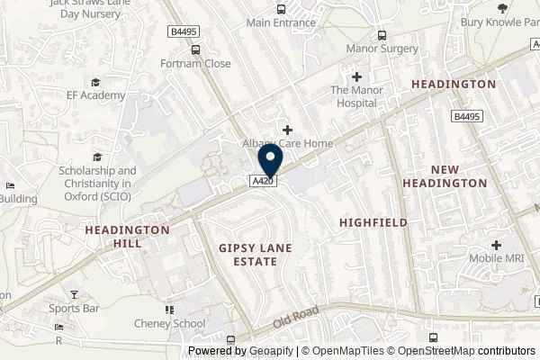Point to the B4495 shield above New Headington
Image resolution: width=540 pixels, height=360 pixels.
pyautogui.click(x=466, y=116)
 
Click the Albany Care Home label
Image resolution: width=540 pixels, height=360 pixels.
pyautogui.click(x=287, y=144)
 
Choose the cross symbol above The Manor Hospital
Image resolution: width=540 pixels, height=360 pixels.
pyautogui.click(x=357, y=76)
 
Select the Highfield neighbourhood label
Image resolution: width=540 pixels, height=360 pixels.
pyautogui.click(x=373, y=222)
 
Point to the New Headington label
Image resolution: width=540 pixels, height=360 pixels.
pyautogui.click(x=458, y=176)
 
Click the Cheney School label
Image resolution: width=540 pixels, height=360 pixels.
pyautogui.click(x=176, y=324)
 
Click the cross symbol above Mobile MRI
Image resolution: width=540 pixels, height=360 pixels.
pyautogui.click(x=496, y=245)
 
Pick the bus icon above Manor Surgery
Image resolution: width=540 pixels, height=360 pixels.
pyautogui.click(x=382, y=35)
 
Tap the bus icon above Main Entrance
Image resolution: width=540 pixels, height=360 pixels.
pyautogui.click(x=282, y=9)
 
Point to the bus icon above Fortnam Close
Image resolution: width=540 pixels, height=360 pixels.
pyautogui.click(x=195, y=50)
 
